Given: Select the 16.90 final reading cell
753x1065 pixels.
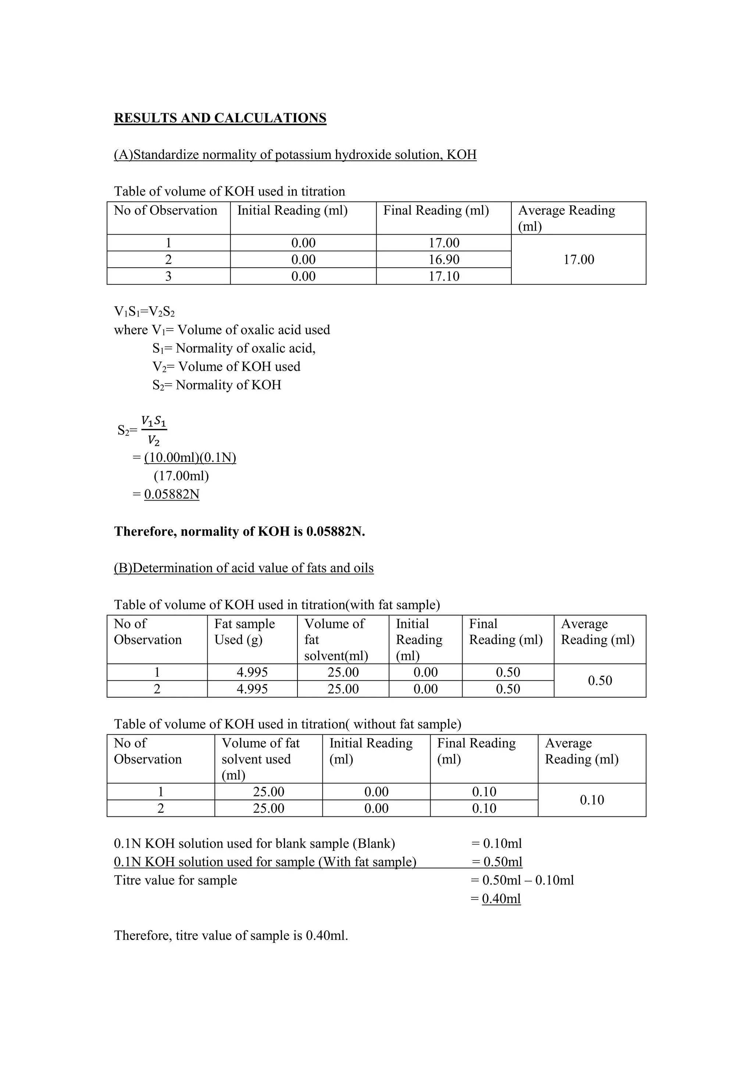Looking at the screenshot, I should click(444, 259).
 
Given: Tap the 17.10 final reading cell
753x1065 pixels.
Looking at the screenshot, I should click(444, 277).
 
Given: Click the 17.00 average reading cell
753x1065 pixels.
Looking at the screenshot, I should click(578, 259).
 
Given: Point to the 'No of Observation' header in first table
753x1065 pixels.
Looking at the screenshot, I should click(165, 211).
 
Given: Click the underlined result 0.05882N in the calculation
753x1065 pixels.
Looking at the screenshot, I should click(172, 495).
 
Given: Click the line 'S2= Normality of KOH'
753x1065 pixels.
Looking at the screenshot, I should click(217, 385).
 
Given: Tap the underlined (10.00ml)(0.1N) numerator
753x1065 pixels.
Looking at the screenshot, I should click(190, 458).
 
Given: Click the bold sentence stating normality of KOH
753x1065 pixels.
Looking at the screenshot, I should click(239, 531).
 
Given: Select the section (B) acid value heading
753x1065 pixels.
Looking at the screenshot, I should click(243, 568).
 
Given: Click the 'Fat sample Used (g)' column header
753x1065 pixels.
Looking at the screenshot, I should click(245, 632).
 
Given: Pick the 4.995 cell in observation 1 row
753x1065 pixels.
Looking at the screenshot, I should click(252, 672).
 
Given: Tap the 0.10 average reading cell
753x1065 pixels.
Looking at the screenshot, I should click(592, 800).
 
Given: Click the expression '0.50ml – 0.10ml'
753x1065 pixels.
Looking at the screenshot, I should click(528, 880).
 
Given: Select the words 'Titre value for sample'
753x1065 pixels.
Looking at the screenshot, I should click(175, 880).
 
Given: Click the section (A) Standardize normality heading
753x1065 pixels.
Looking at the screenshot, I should click(295, 154).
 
